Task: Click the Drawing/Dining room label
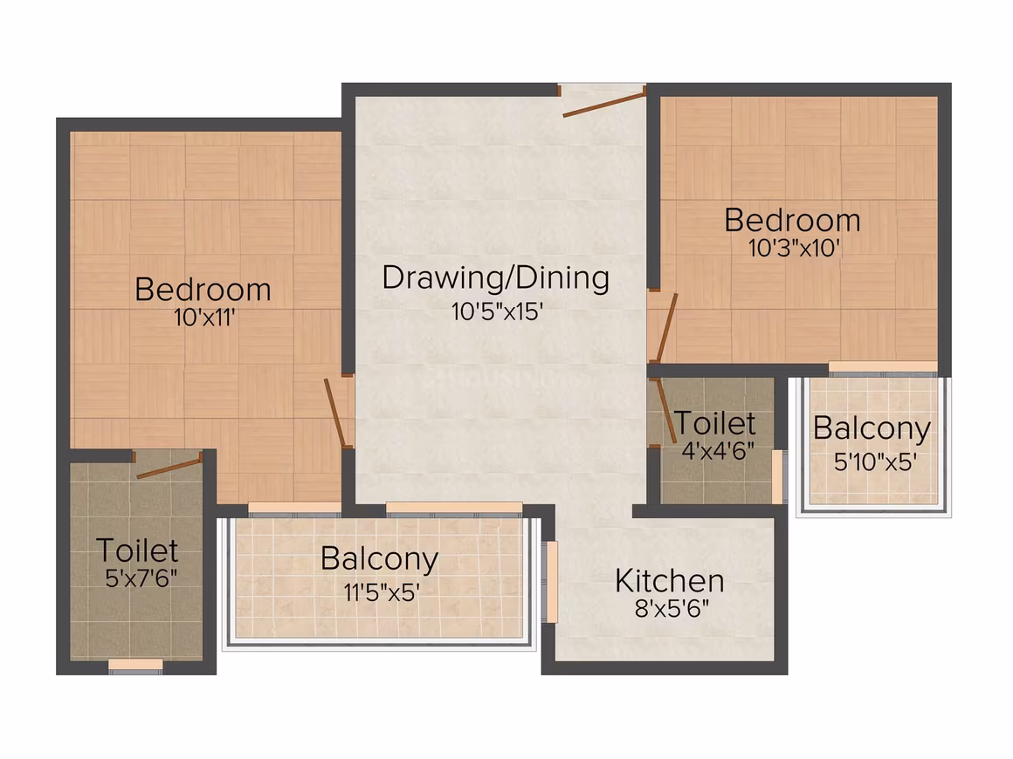pos(495,279)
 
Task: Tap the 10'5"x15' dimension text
pos(496,311)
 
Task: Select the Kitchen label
pos(669,581)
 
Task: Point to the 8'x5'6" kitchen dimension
pos(672,608)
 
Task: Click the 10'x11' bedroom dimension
pos(203,318)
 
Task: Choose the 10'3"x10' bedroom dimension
pos(793,248)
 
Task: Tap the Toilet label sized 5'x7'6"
pos(138,550)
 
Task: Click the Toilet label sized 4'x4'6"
pos(714,423)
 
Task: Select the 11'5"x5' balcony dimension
pos(381,591)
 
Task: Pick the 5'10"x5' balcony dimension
pos(875,462)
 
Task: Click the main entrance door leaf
pos(604,106)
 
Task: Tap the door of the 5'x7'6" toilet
pos(170,468)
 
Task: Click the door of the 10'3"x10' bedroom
pos(666,327)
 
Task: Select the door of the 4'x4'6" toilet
pos(666,411)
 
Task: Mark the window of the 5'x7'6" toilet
pos(135,666)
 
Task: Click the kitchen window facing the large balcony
pos(553,582)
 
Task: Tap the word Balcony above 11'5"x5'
pos(379,559)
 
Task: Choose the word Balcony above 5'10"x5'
pos(872,428)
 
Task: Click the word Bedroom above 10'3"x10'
pos(792,220)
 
